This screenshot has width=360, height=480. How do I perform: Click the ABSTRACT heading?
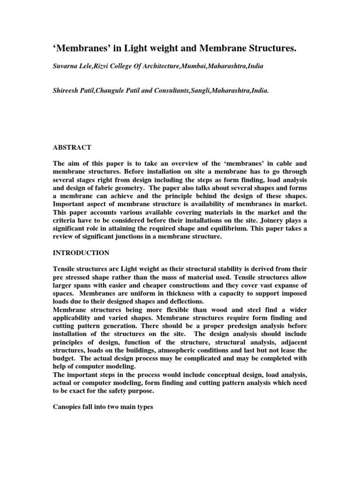pyautogui.click(x=72, y=147)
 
